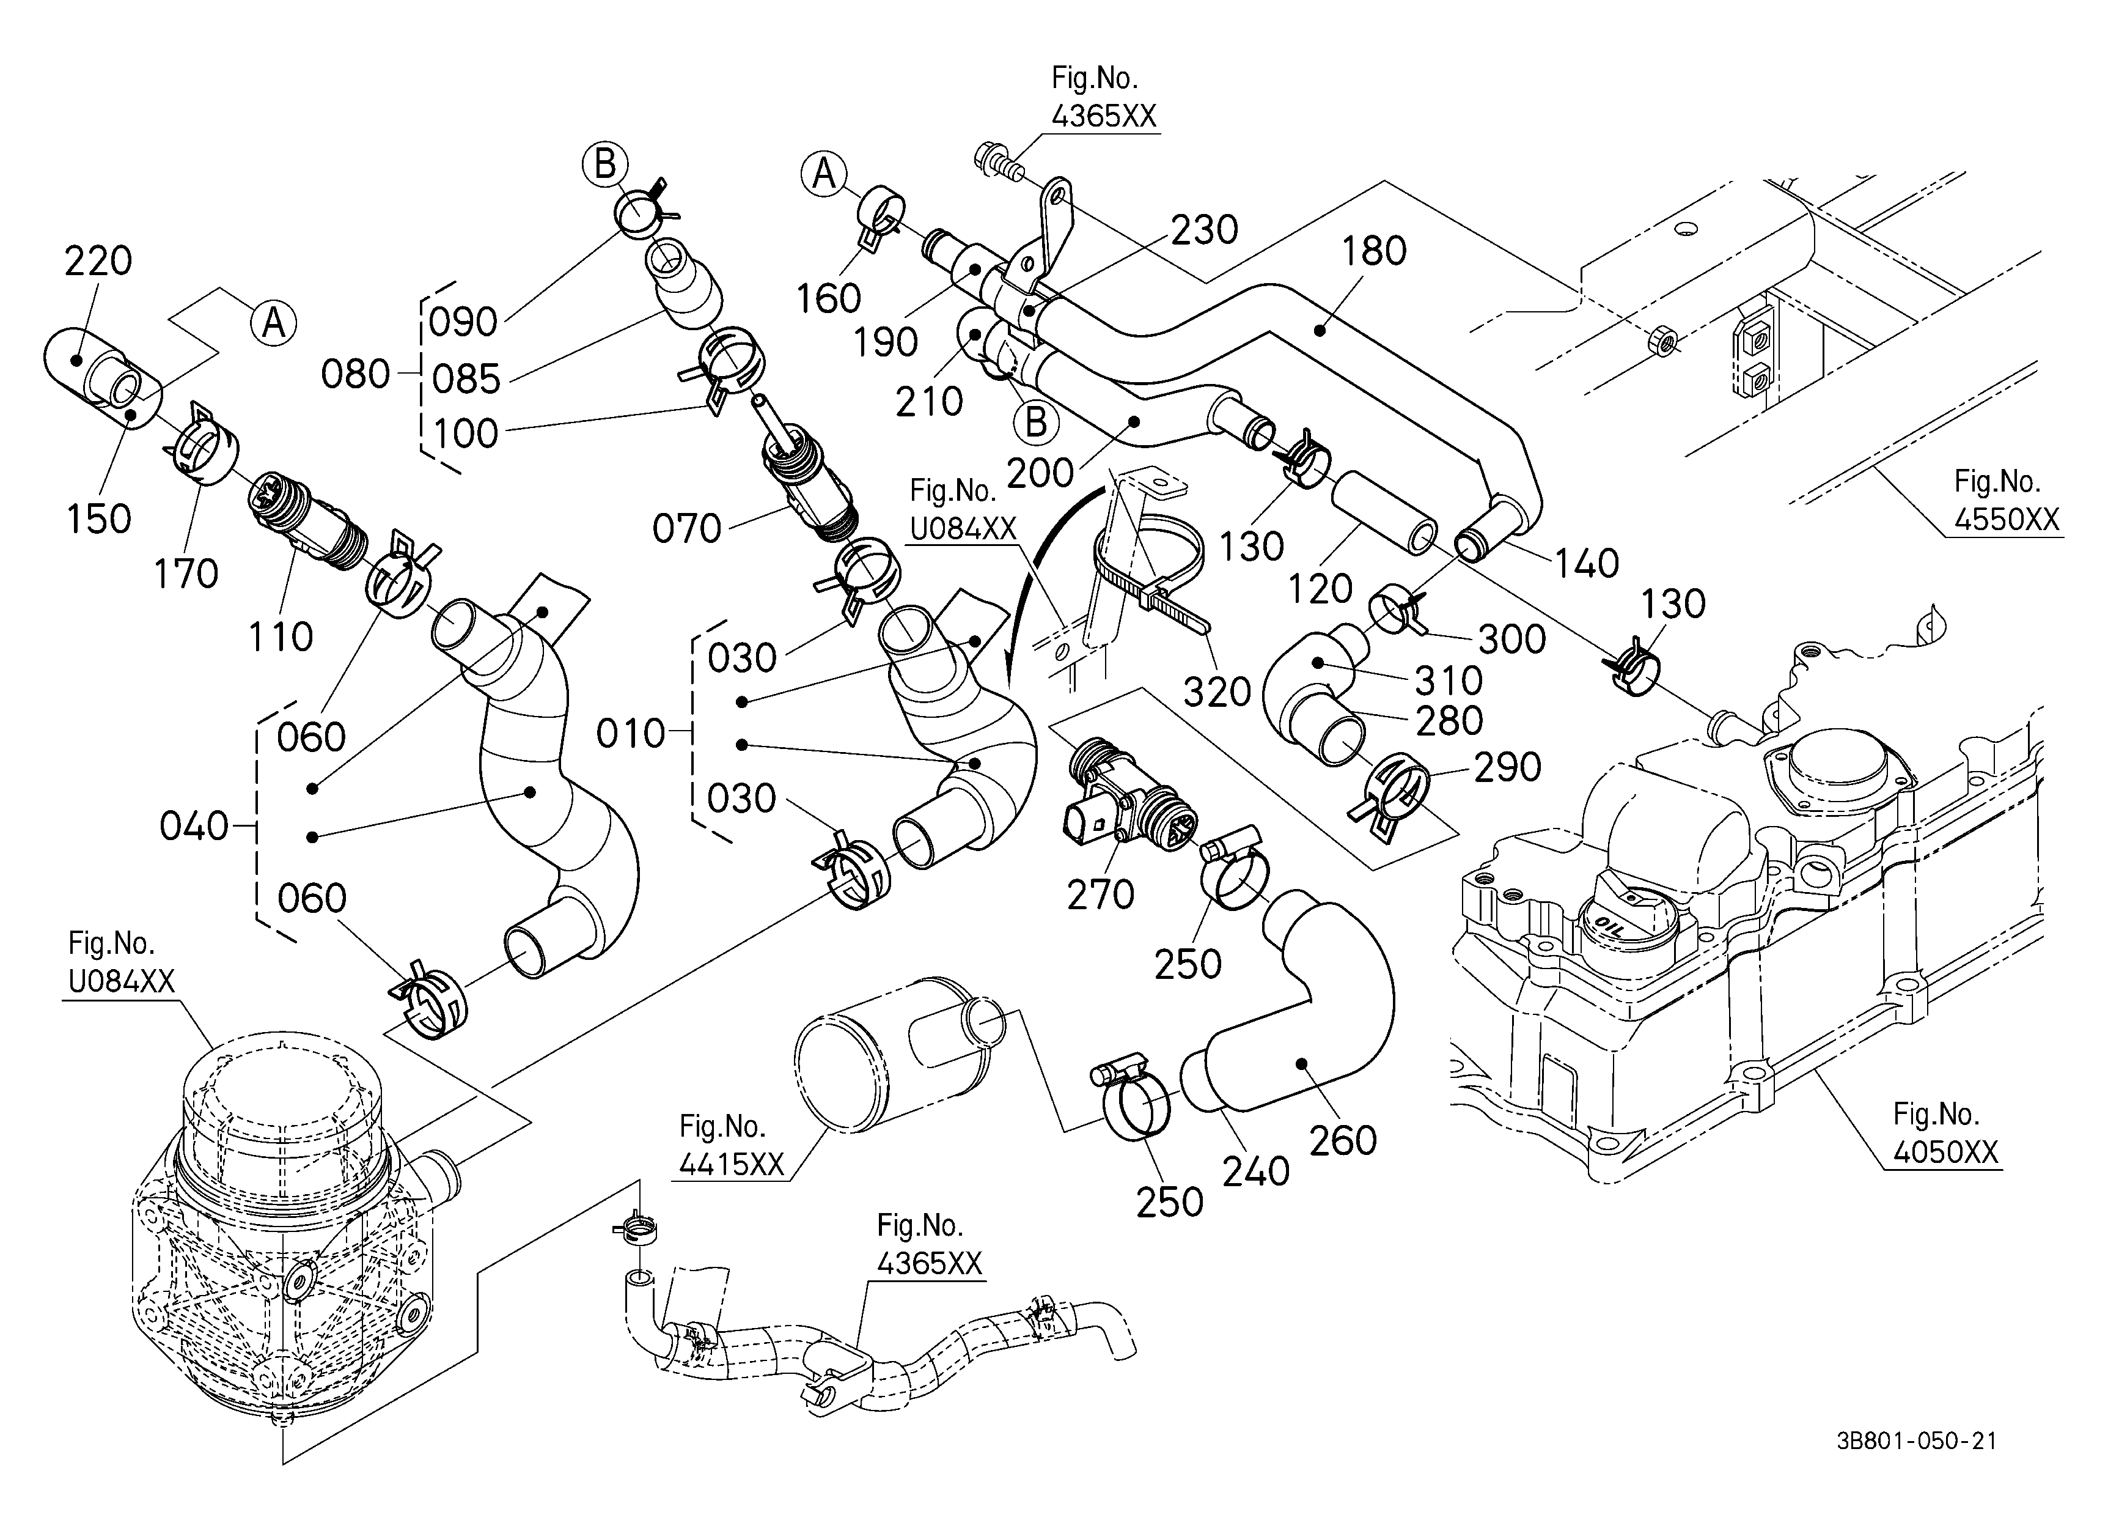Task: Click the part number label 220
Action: click(98, 261)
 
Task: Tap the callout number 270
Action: click(1101, 895)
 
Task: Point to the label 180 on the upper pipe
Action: click(1375, 251)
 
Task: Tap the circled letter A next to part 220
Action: click(273, 323)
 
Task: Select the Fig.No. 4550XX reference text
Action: click(2008, 500)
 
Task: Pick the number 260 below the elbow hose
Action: click(1343, 1140)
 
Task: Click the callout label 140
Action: click(1587, 563)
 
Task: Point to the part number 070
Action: click(687, 529)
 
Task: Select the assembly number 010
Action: click(631, 734)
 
